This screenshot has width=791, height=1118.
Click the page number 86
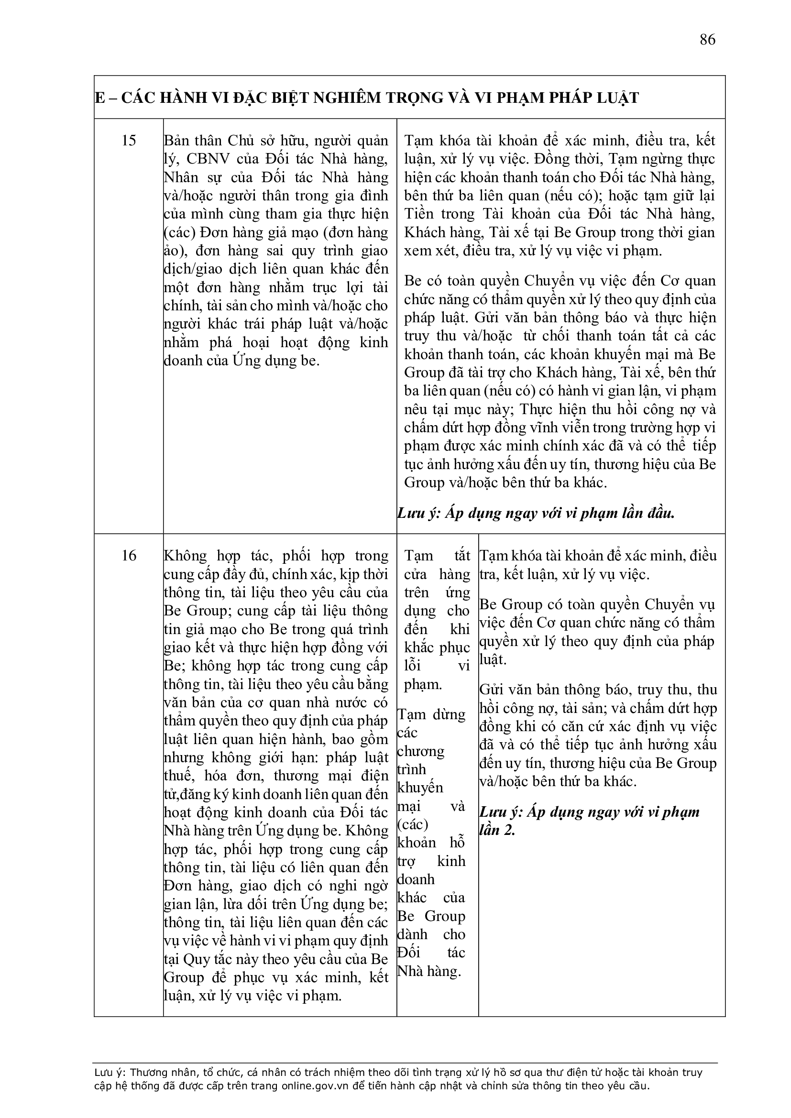[x=707, y=39]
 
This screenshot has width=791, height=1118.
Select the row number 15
[x=129, y=141]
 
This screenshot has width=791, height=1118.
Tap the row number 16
[x=129, y=556]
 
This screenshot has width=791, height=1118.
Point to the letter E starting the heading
[x=100, y=98]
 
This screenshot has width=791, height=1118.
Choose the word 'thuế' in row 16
[x=179, y=776]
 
